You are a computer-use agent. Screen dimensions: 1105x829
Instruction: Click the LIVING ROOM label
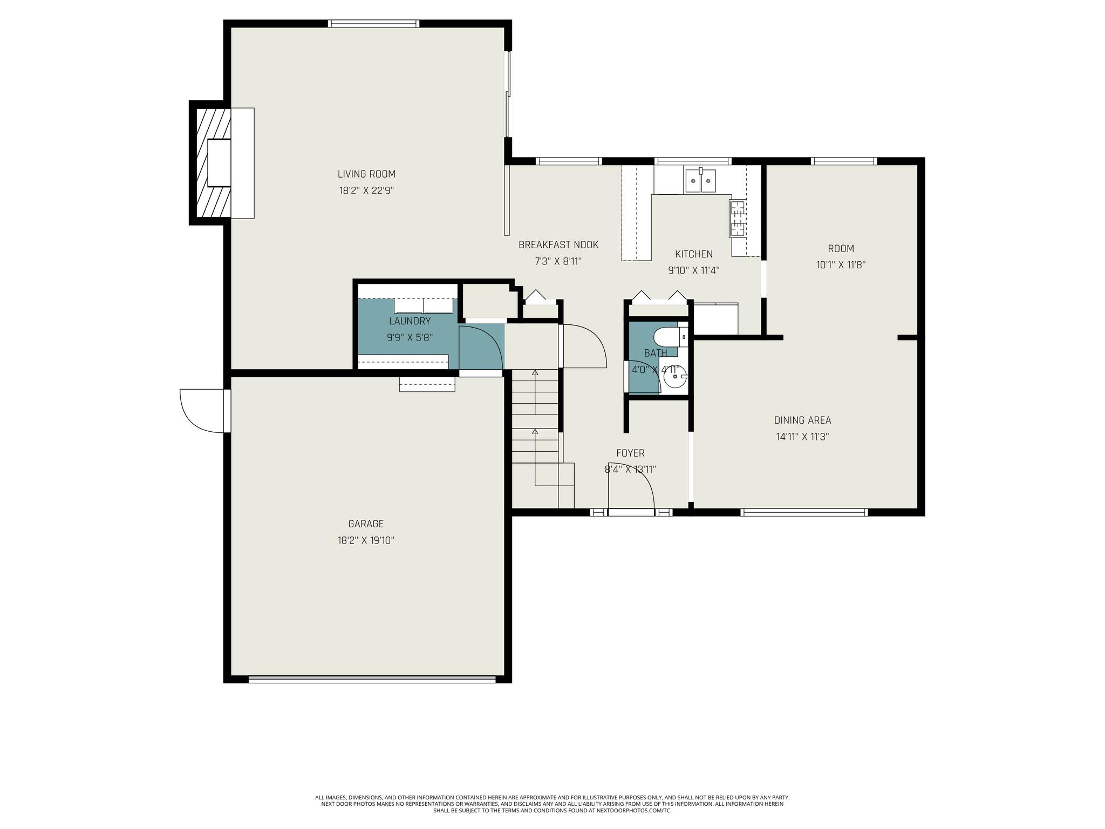pos(366,174)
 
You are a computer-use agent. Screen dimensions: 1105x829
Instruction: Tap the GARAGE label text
pos(366,524)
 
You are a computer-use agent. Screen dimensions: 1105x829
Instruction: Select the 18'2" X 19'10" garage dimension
pos(366,540)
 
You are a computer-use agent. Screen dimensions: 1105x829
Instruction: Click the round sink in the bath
pos(675,377)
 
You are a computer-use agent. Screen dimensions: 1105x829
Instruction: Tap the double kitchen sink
pos(700,181)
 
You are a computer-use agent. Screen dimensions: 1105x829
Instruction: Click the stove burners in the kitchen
pos(736,218)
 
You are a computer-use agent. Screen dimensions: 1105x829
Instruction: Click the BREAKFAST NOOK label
pos(558,244)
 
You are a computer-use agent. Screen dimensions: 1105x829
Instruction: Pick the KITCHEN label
pos(694,254)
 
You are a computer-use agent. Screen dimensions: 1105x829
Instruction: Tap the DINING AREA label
pos(802,420)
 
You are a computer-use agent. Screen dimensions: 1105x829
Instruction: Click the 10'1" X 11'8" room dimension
pos(841,265)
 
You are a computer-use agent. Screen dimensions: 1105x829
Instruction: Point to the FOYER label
pos(630,453)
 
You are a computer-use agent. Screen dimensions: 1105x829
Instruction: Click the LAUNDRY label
pos(410,321)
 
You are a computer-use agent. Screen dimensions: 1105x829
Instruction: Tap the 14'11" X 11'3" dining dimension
pos(802,437)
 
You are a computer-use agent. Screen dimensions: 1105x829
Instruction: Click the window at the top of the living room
pos(373,23)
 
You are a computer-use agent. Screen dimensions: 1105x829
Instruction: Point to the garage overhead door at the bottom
pos(372,679)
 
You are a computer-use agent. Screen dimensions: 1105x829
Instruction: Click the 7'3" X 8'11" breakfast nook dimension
pos(558,261)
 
